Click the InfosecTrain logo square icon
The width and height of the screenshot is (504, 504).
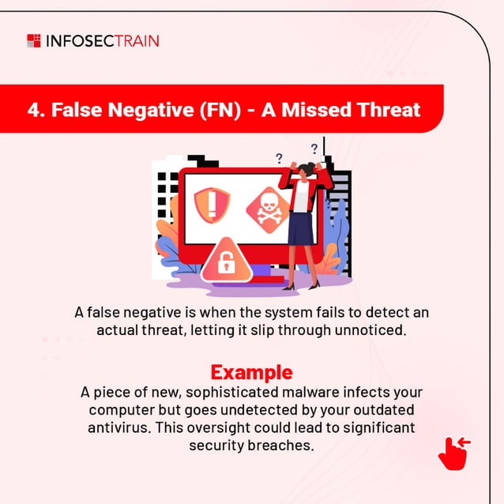coord(33,40)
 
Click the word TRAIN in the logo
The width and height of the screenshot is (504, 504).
coord(136,40)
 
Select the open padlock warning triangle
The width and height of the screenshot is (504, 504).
coord(226,261)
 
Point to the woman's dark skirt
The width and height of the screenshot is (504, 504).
coord(300,228)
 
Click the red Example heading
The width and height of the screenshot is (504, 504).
coord(251,372)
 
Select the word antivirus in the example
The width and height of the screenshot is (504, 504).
coord(115,427)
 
